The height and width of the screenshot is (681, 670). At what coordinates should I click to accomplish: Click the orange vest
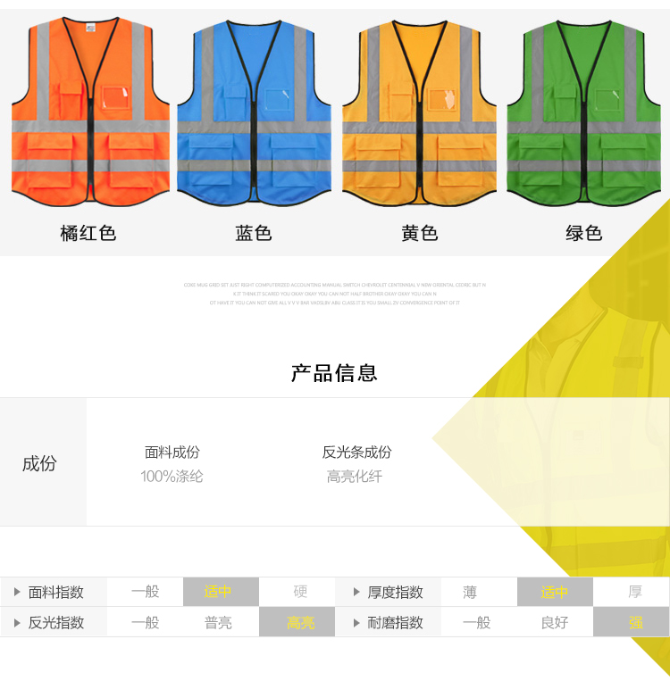tap(89, 112)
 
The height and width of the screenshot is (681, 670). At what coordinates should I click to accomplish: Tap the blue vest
tap(254, 112)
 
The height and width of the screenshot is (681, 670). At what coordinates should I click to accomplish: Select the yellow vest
tap(419, 112)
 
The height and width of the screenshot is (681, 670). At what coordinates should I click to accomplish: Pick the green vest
tap(585, 112)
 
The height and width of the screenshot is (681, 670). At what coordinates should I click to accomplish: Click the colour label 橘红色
tap(88, 234)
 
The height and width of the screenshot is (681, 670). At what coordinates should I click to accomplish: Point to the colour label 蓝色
tap(254, 234)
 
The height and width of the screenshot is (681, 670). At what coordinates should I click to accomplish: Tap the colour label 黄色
tap(419, 234)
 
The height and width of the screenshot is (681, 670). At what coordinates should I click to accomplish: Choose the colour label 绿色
tap(584, 234)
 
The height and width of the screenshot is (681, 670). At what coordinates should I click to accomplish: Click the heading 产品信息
tap(334, 373)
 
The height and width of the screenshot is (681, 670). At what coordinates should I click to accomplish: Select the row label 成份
tap(39, 463)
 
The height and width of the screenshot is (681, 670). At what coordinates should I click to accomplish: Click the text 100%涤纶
tap(172, 477)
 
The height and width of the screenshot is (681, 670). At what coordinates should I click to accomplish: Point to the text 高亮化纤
tap(355, 477)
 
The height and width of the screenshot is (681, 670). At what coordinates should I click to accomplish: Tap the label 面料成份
tap(172, 453)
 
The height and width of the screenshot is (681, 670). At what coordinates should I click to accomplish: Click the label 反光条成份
tap(356, 453)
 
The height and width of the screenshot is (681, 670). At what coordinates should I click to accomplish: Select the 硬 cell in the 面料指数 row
tap(300, 592)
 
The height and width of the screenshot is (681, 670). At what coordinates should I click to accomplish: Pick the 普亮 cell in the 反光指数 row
tap(219, 622)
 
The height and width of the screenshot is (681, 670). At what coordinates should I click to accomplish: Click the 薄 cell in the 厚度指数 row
tap(470, 592)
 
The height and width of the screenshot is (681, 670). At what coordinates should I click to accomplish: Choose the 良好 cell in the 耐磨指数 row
tap(554, 622)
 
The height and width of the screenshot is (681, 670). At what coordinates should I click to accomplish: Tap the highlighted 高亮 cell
tap(300, 622)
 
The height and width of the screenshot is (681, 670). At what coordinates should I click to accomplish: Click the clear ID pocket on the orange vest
tap(117, 99)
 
